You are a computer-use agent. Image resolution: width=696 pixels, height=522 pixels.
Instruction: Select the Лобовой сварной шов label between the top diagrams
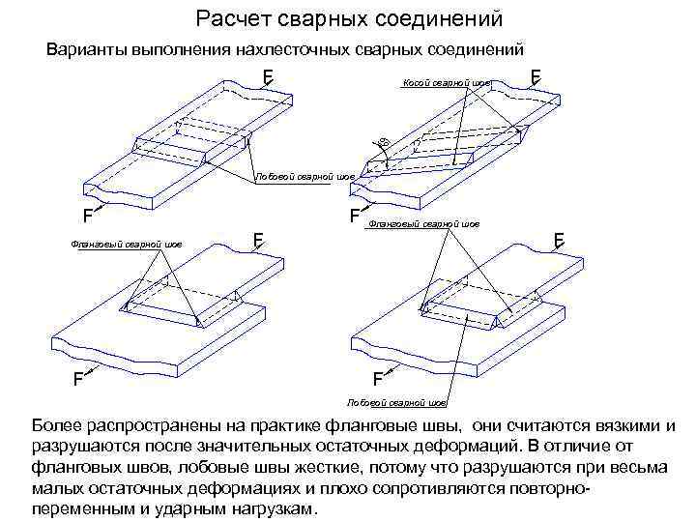304,177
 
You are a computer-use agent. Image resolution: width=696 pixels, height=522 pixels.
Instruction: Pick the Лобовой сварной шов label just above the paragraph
396,401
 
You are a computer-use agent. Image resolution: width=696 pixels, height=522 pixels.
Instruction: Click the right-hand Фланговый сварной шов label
424,224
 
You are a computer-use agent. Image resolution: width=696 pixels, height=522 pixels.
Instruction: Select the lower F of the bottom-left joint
74,378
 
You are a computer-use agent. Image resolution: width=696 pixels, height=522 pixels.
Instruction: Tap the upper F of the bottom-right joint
559,238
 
